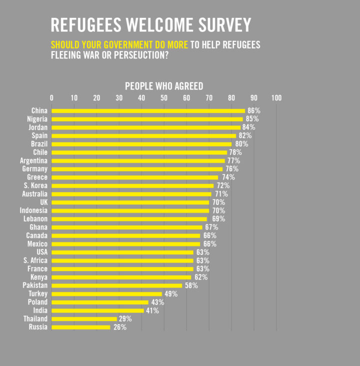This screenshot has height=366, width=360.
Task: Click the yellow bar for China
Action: pyautogui.click(x=148, y=110)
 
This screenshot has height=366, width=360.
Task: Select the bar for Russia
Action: pyautogui.click(x=81, y=327)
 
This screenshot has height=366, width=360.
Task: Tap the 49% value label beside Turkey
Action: pyautogui.click(x=171, y=294)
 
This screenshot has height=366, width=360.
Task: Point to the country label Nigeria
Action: pyautogui.click(x=37, y=119)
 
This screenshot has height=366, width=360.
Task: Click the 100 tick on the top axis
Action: pyautogui.click(x=276, y=98)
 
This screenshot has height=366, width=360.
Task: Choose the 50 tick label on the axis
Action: pyautogui.click(x=164, y=98)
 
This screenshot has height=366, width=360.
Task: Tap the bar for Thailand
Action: pyautogui.click(x=84, y=319)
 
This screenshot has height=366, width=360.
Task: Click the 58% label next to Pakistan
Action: pyautogui.click(x=191, y=285)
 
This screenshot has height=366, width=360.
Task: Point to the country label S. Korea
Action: pyautogui.click(x=35, y=185)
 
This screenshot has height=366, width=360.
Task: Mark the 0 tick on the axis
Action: pyautogui.click(x=52, y=98)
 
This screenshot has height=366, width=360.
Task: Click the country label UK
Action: pyautogui.click(x=43, y=202)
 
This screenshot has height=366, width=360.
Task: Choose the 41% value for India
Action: pyautogui.click(x=152, y=310)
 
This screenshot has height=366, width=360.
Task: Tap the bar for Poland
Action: pyautogui.click(x=100, y=302)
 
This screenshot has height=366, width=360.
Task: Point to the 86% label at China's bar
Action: pyautogui.click(x=253, y=110)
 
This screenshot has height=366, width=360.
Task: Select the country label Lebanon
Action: pyautogui.click(x=35, y=219)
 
